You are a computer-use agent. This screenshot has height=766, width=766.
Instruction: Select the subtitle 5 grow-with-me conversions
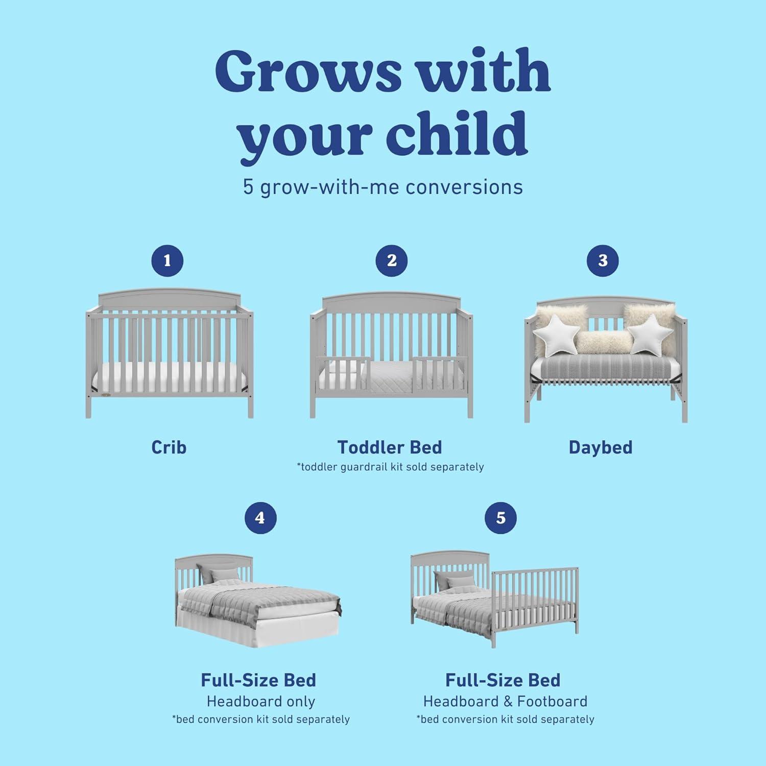382,187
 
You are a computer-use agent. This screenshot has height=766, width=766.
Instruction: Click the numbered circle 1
167,260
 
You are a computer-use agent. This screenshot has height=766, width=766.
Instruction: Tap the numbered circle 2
391,260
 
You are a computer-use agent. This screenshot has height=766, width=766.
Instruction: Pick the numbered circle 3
603,260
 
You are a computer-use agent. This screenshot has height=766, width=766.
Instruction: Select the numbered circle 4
260,518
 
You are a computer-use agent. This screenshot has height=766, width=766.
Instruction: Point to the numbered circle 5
500,518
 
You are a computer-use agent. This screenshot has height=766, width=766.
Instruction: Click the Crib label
169,447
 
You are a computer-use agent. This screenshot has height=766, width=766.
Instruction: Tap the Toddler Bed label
390,447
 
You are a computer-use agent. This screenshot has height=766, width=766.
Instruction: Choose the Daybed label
601,447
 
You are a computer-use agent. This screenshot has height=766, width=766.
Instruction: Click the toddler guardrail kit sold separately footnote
391,467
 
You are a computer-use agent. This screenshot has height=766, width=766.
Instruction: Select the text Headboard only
260,702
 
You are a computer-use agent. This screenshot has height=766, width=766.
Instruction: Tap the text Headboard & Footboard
505,702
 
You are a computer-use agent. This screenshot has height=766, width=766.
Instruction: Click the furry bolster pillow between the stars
600,342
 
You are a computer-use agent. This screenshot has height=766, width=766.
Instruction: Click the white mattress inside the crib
169,378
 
